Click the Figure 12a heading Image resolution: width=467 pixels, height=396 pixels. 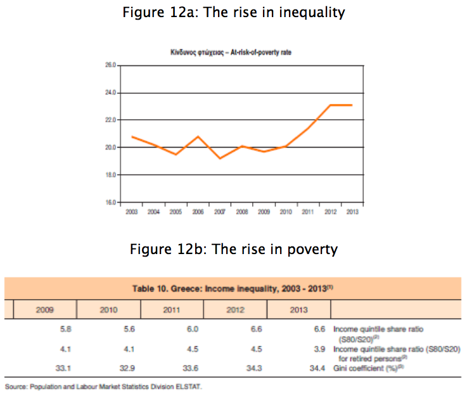click(x=234, y=12)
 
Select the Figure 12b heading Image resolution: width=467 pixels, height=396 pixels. click(x=234, y=249)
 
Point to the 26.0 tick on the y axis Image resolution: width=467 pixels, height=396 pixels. click(x=110, y=65)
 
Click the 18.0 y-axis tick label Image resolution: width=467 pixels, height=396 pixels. click(x=110, y=175)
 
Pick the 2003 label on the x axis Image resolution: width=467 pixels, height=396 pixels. click(x=131, y=212)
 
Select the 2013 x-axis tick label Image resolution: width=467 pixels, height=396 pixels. click(x=352, y=212)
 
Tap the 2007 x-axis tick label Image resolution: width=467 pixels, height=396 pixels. click(x=219, y=212)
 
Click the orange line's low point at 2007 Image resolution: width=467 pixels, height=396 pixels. click(x=219, y=158)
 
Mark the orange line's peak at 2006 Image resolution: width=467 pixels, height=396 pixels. click(x=198, y=136)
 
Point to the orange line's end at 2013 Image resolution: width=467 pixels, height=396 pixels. click(x=352, y=105)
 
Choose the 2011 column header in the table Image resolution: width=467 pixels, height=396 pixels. click(x=172, y=310)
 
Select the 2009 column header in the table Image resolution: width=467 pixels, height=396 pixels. click(x=45, y=310)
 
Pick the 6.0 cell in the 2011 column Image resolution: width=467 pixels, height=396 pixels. click(x=193, y=329)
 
